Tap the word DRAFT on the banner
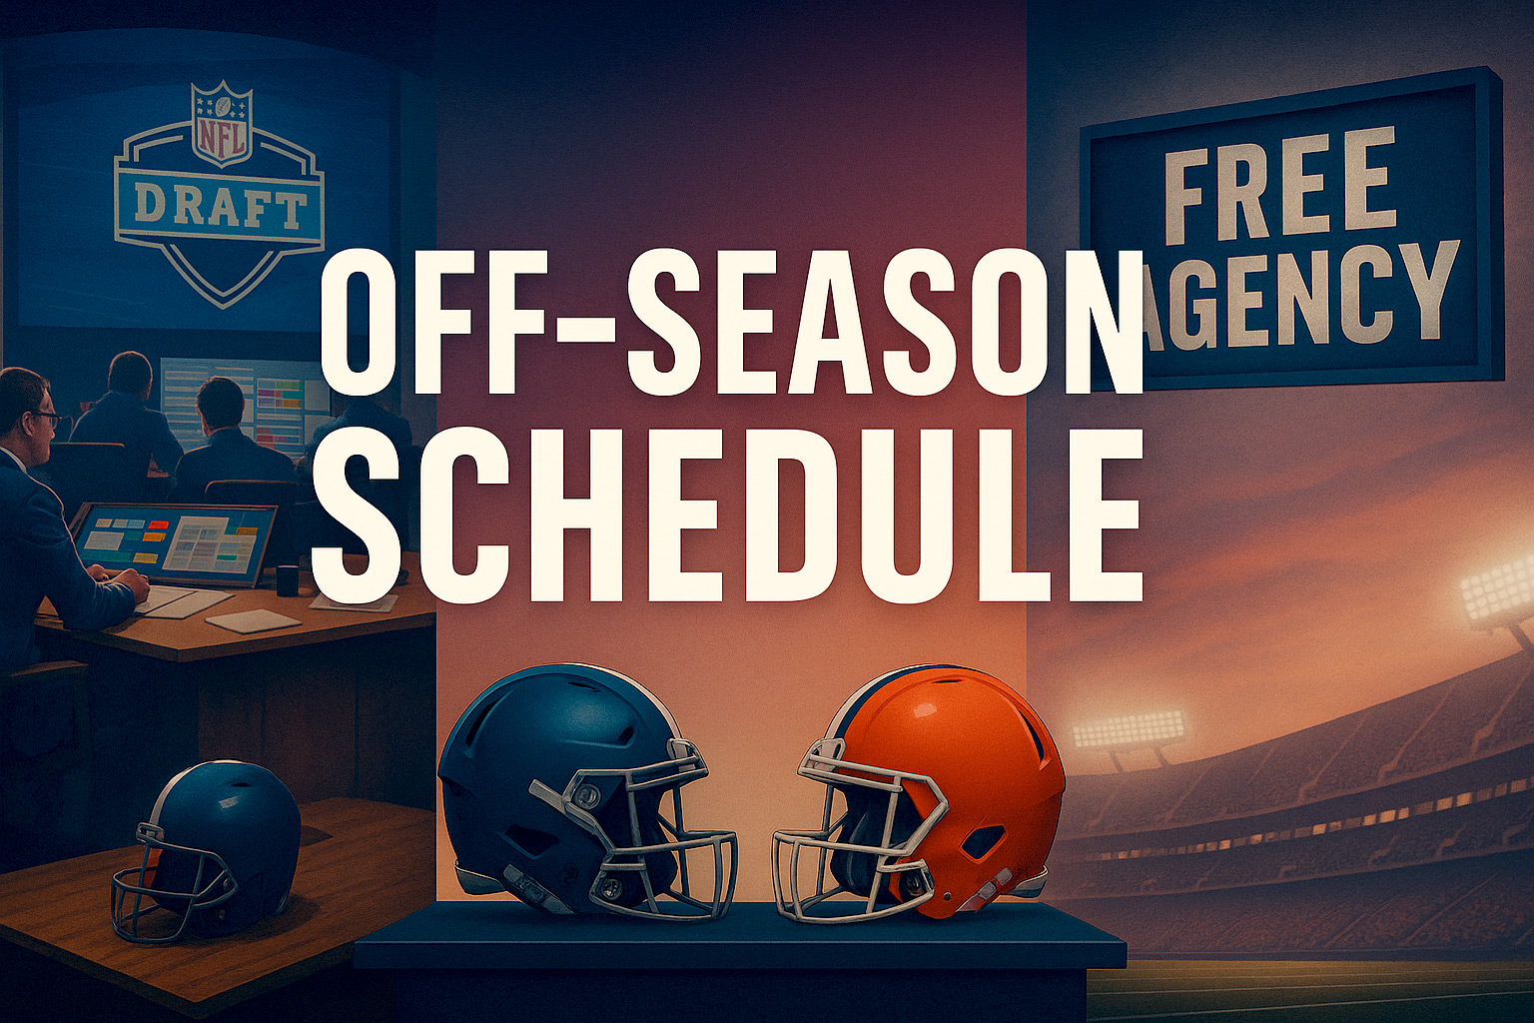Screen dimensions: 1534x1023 click(x=220, y=206)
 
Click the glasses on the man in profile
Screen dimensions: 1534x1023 click(x=45, y=419)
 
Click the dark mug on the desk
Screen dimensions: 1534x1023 click(x=288, y=580)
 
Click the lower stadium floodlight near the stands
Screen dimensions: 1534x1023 click(x=1128, y=729)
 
